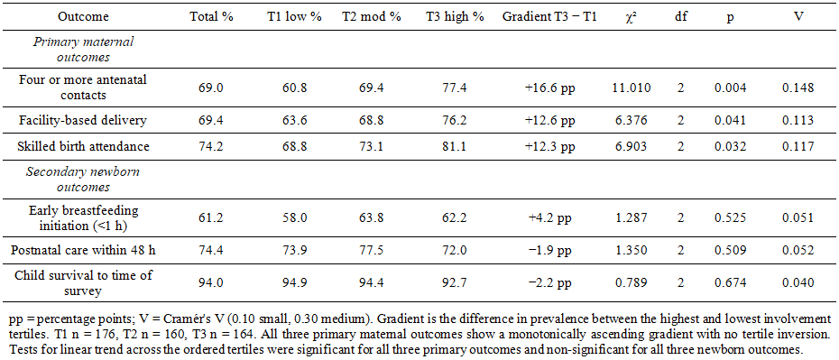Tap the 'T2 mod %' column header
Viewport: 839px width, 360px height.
coord(372,17)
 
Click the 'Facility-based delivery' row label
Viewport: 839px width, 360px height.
coord(82,120)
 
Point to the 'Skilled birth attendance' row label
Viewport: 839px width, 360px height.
coord(82,146)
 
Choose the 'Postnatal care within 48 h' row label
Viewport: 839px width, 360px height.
coord(82,250)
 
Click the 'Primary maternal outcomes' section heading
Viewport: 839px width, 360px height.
coord(82,50)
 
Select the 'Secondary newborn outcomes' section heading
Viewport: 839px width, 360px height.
coord(82,180)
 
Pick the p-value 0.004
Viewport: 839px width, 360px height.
coord(730,88)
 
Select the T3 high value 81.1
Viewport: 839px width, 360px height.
coord(455,146)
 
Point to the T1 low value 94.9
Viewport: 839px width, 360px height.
coord(294,283)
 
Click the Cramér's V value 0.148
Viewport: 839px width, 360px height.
coord(798,88)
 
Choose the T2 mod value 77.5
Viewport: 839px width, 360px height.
coord(372,250)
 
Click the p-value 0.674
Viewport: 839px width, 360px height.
coord(730,283)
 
